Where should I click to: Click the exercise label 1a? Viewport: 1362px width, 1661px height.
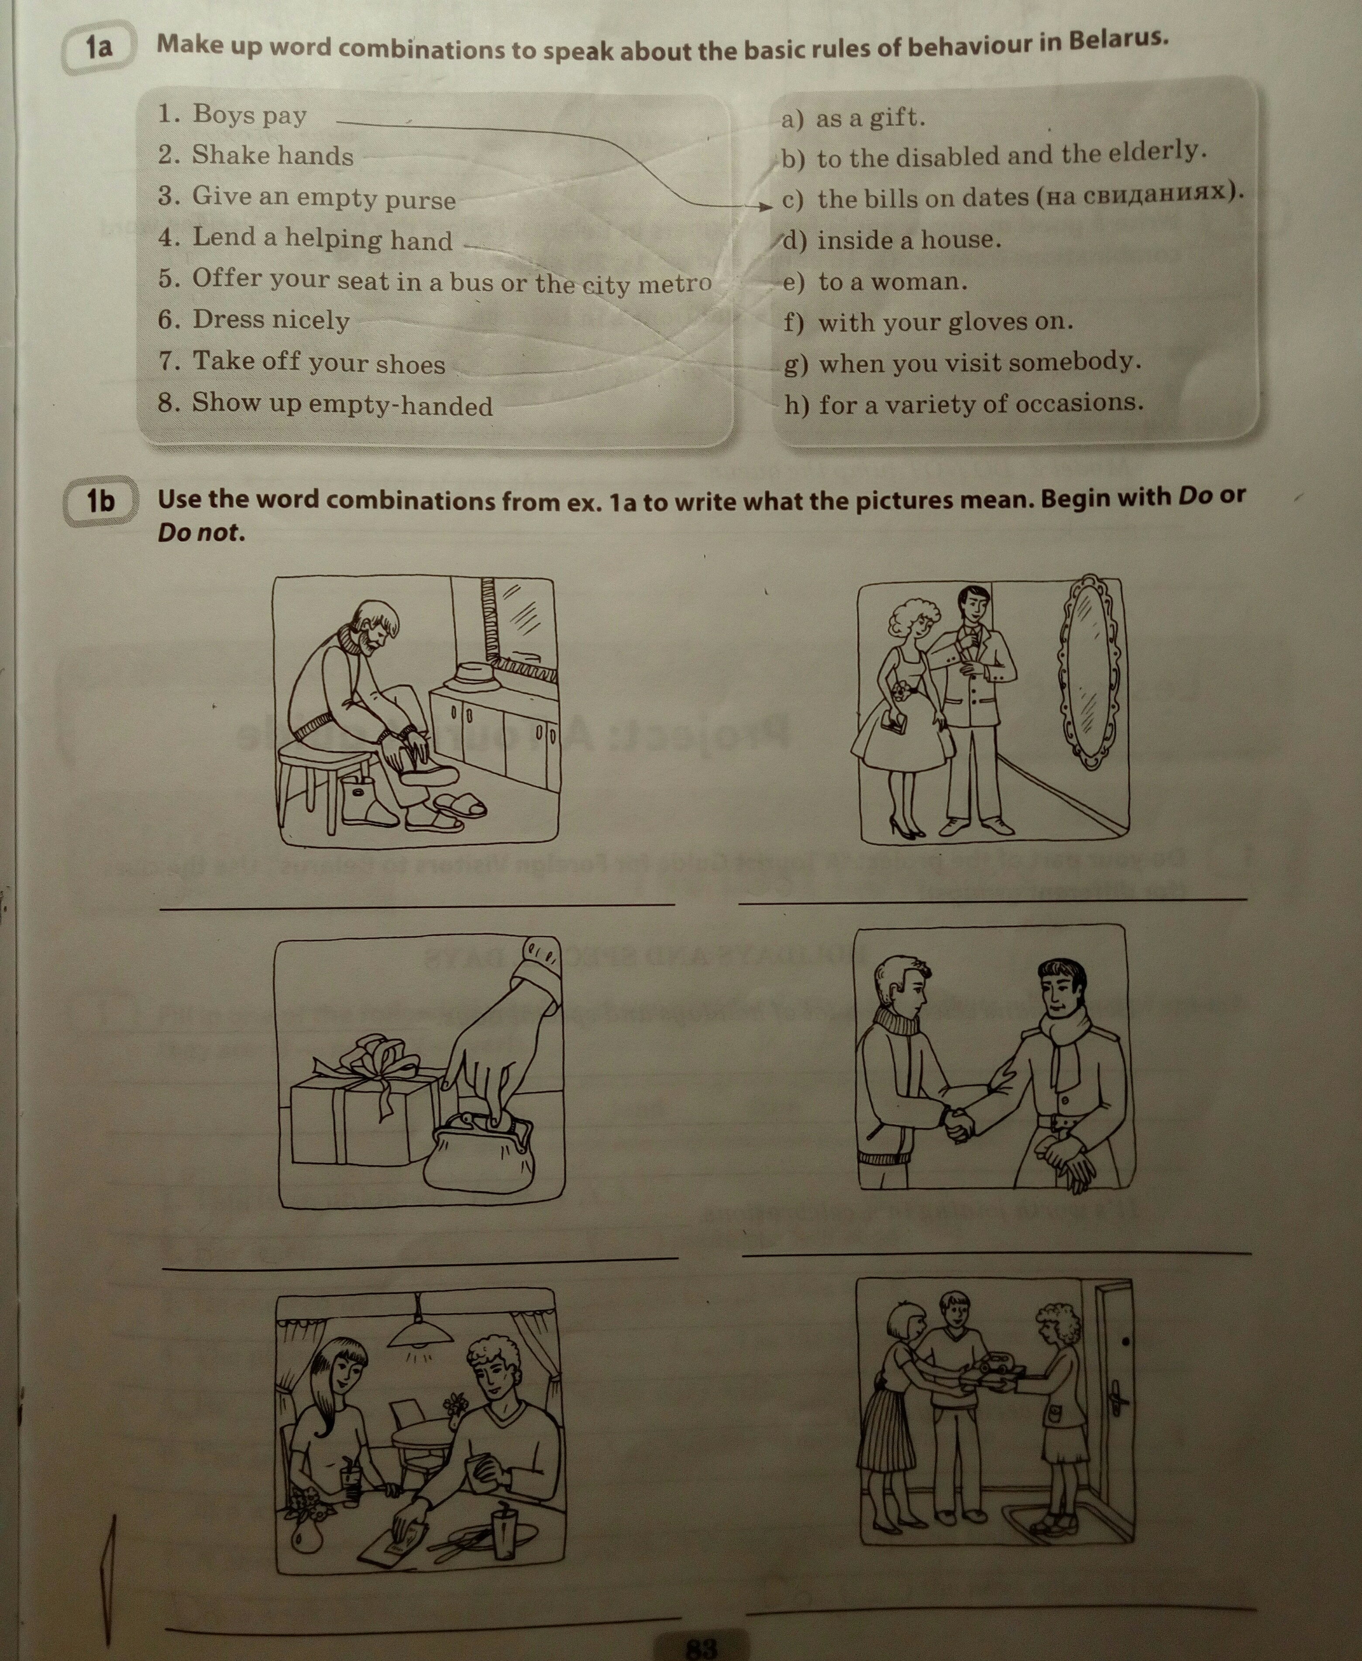(99, 48)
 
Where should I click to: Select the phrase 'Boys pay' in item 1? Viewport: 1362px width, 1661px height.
(250, 114)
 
